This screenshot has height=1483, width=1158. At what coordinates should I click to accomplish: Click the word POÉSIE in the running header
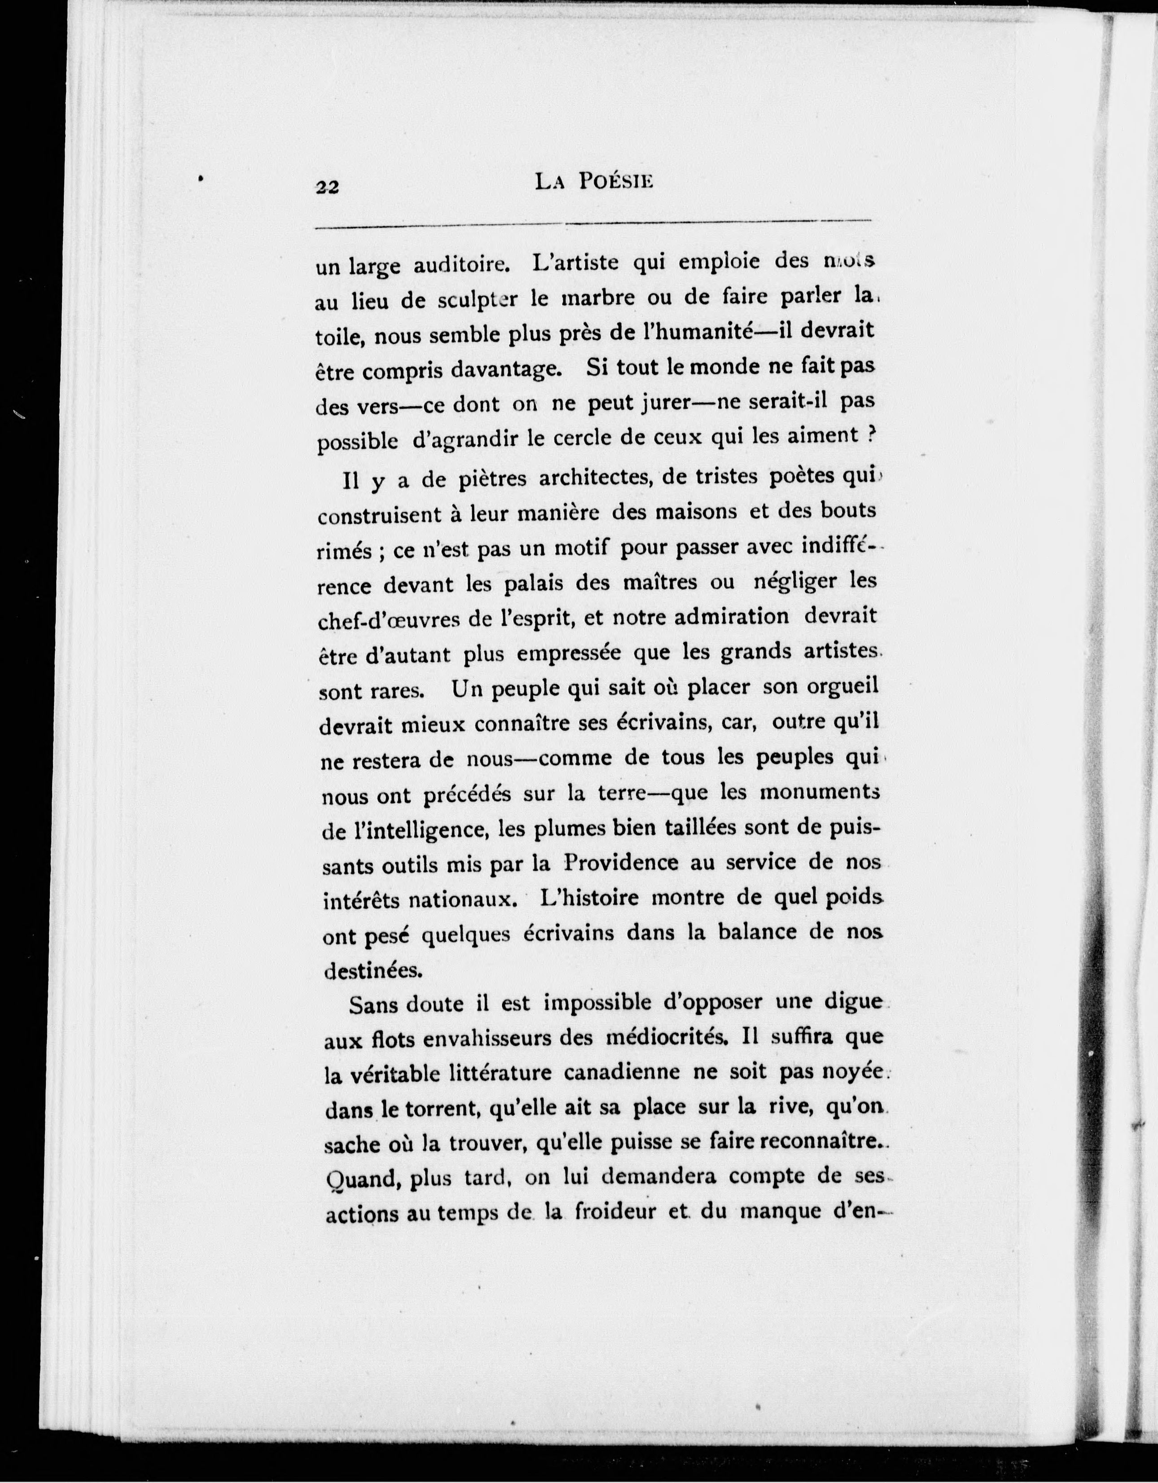point(614,182)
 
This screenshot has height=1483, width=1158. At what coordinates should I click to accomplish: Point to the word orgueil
point(842,686)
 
